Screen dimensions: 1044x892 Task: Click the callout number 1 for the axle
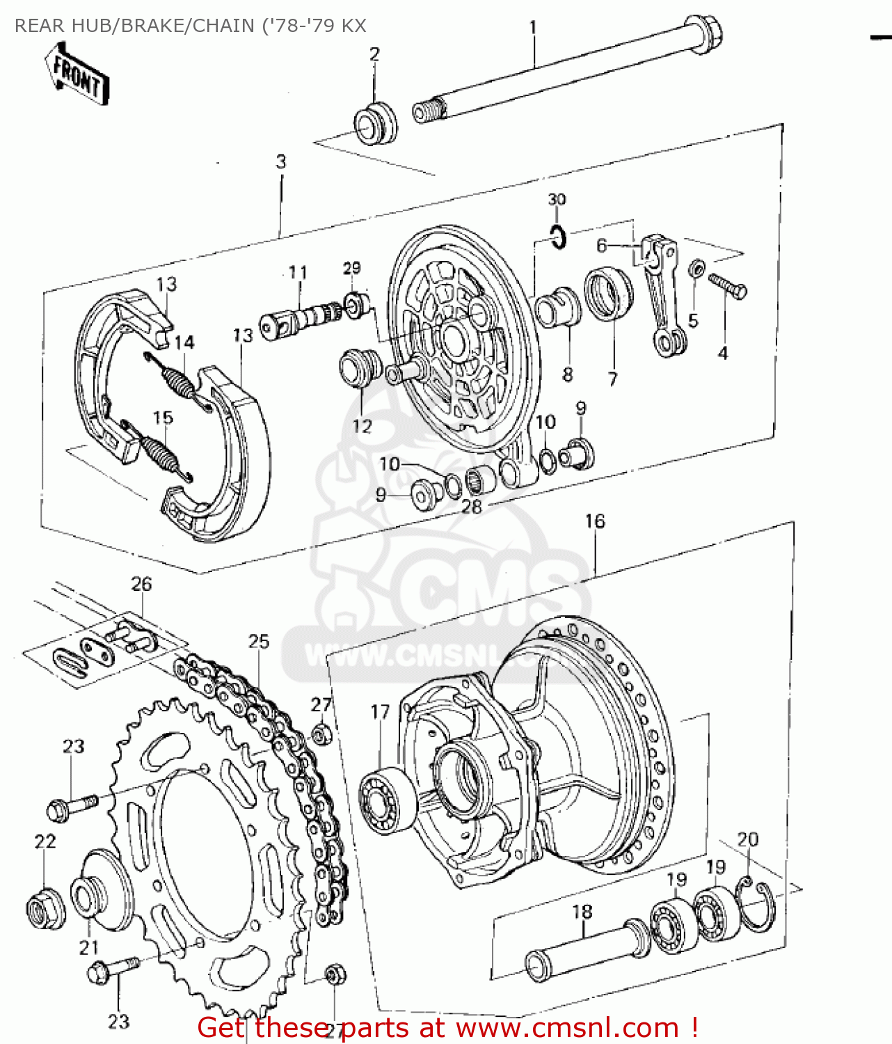coord(533,28)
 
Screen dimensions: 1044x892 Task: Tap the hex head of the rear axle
coord(704,33)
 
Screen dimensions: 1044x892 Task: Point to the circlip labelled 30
coord(558,237)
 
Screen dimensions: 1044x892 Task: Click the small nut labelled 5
coord(696,269)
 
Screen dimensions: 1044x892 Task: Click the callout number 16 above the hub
coord(595,521)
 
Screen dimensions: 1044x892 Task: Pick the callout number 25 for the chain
coord(259,641)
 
